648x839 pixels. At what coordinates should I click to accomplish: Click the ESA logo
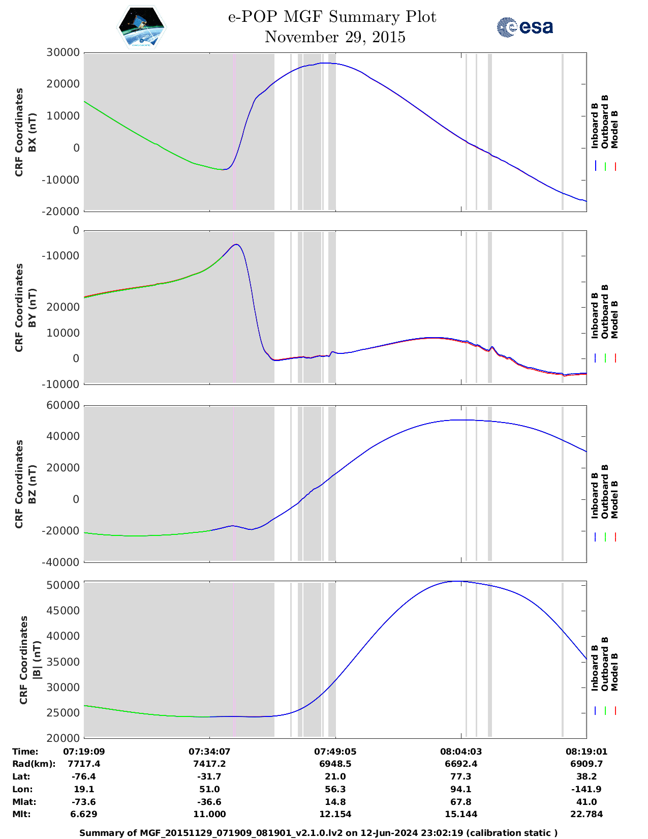click(525, 27)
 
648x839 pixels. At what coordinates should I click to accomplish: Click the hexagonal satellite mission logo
click(142, 27)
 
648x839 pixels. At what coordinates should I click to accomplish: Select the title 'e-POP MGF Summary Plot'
click(332, 17)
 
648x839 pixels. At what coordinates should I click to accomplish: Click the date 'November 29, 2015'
click(335, 37)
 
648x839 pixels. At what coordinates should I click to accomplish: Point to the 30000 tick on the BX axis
click(63, 52)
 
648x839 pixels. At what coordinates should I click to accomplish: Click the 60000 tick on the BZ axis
click(63, 405)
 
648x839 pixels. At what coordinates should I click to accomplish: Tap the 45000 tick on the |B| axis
click(63, 611)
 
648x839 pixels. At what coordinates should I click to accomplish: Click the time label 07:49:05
click(335, 752)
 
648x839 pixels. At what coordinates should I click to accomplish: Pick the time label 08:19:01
click(586, 752)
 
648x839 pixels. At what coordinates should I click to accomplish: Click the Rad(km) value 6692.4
click(460, 764)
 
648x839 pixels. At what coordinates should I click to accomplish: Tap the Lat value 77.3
click(460, 776)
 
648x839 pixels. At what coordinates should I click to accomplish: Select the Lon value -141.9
click(586, 789)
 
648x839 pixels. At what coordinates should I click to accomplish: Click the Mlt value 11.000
click(209, 814)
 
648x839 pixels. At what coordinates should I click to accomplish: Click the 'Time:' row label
click(25, 752)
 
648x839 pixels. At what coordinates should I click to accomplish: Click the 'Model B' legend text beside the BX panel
click(614, 129)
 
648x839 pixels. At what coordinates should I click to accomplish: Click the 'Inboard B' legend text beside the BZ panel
click(595, 496)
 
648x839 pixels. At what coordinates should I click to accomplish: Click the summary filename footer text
click(319, 833)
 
